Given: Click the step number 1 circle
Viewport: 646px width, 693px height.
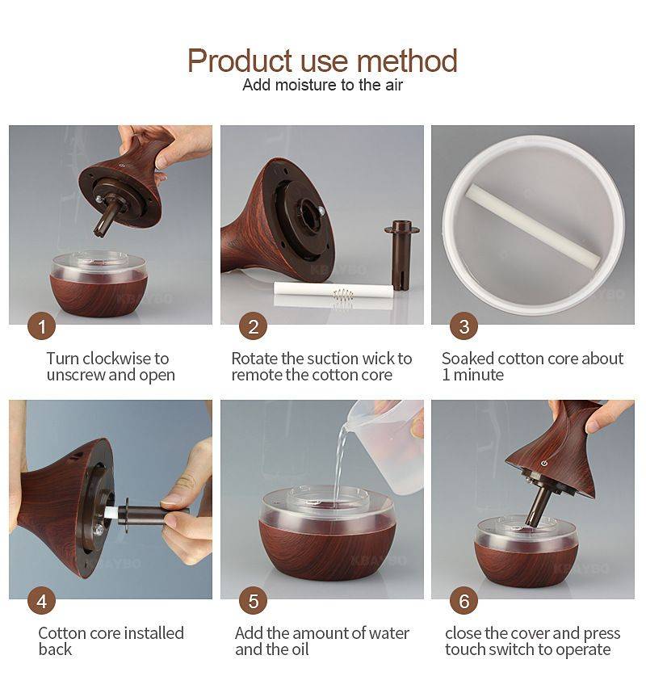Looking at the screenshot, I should click(42, 327).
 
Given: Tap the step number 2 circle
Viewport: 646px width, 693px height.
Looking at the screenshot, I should click(253, 327).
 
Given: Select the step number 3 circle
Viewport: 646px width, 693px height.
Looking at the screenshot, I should click(464, 327).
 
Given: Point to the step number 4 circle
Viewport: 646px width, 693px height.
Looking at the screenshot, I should click(42, 602).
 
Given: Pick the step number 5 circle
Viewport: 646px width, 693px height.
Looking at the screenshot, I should click(253, 602).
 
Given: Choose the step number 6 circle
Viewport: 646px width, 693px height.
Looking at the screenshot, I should click(464, 602).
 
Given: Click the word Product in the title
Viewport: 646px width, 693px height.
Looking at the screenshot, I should click(239, 61).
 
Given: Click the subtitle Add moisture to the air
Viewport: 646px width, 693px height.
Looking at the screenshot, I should click(322, 85).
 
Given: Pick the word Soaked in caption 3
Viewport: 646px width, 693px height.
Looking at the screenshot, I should click(467, 359).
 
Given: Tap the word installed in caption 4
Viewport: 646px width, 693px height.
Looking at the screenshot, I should click(147, 633).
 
